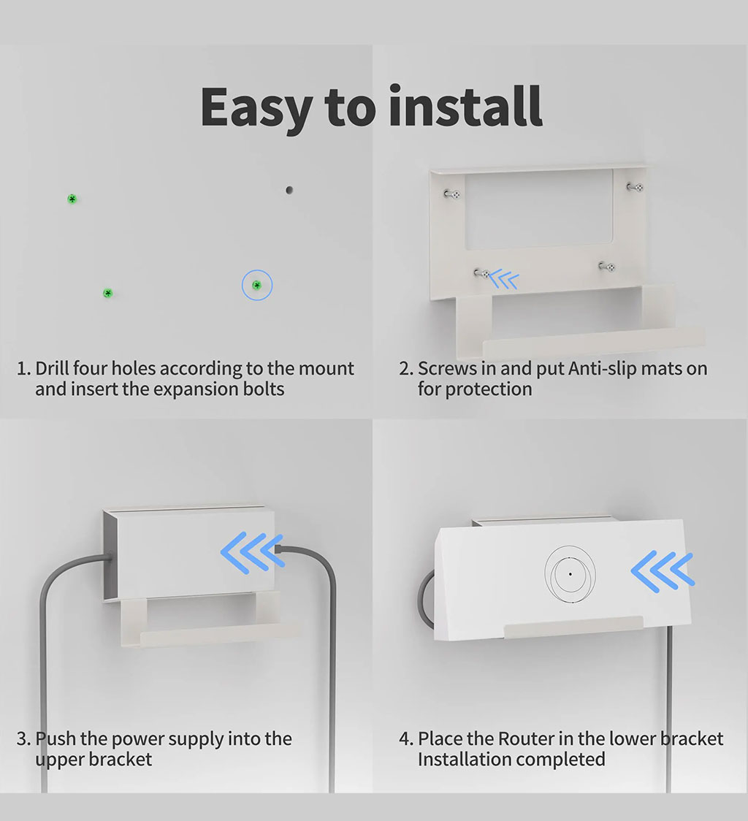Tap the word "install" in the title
tap(465, 106)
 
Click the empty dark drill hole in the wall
tap(289, 190)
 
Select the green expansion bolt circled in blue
tap(256, 286)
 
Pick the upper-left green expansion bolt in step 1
tap(72, 199)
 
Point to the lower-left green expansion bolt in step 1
tap(108, 293)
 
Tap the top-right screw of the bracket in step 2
tap(636, 187)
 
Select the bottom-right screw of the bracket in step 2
tap(607, 267)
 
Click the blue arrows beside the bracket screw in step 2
tap(505, 278)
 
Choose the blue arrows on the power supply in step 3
tap(253, 552)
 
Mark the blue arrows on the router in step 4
tap(663, 571)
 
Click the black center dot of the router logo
tap(570, 574)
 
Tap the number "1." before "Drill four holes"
tap(24, 369)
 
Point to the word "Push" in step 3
tap(56, 738)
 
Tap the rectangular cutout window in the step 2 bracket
tap(539, 208)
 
